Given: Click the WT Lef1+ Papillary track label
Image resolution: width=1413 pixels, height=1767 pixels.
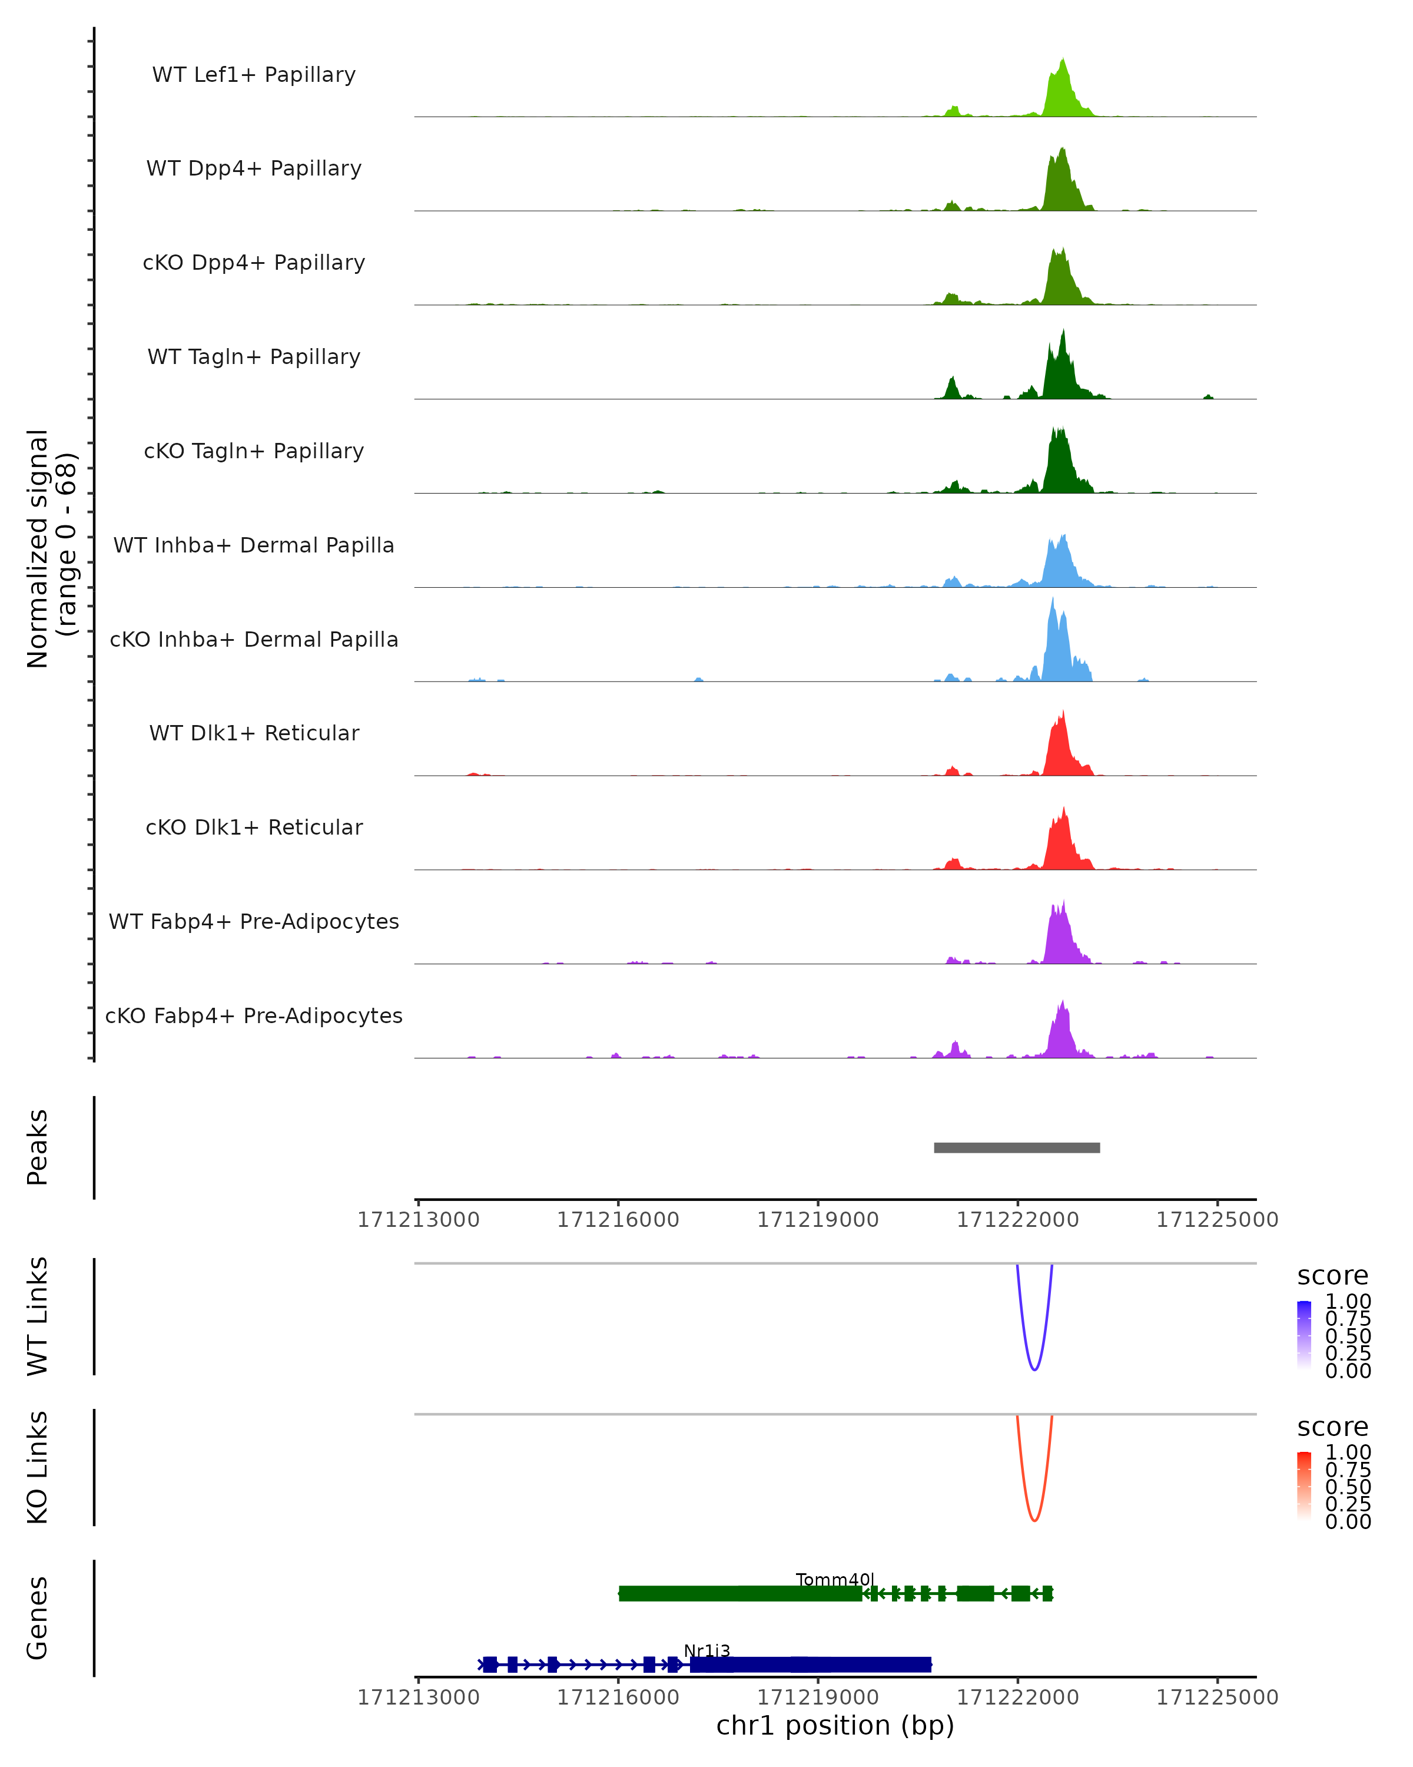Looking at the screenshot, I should point(254,75).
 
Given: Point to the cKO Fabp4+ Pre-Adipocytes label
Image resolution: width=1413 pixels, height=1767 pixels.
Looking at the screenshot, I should point(254,1015).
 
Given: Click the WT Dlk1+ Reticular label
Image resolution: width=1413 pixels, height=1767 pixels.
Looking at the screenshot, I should point(254,733).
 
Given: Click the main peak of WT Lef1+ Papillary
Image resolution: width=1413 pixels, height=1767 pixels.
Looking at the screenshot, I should point(1063,90).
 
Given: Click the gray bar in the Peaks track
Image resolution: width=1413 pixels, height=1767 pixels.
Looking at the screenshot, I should point(1017,1147).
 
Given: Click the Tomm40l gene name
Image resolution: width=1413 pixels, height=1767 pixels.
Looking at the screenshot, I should point(835,1579).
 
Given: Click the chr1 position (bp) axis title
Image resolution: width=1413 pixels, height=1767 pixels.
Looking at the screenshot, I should point(835,1725).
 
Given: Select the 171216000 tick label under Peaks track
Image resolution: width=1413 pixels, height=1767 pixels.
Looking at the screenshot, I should point(618,1220).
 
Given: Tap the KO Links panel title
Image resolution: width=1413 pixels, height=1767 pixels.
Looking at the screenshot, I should point(38,1467).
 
